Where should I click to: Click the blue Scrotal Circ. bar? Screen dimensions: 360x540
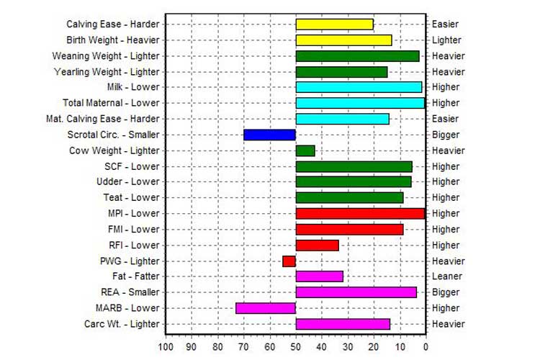tap(269, 135)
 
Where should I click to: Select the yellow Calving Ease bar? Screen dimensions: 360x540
tap(334, 24)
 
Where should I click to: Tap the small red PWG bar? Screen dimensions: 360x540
tap(289, 261)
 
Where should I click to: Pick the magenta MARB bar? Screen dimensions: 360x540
tap(265, 308)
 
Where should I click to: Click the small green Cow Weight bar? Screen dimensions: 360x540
tap(305, 150)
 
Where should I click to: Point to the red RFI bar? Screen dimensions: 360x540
tap(317, 245)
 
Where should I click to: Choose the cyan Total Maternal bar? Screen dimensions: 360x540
tap(360, 103)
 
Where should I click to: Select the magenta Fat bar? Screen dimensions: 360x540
tap(319, 276)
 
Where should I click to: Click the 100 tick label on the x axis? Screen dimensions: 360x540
tap(166, 347)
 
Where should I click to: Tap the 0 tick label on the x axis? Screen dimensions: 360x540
tap(426, 347)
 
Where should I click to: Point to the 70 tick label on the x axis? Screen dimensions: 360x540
tap(243, 347)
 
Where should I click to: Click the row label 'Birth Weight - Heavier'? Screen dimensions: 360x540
tap(113, 40)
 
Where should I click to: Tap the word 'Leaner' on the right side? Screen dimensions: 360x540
tap(446, 276)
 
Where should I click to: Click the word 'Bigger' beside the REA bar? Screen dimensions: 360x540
tap(446, 292)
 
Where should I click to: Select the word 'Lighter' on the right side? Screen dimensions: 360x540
tap(447, 40)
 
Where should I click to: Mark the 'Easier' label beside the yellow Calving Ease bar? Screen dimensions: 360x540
tap(445, 24)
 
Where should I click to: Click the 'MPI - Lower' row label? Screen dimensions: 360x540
tap(134, 213)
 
